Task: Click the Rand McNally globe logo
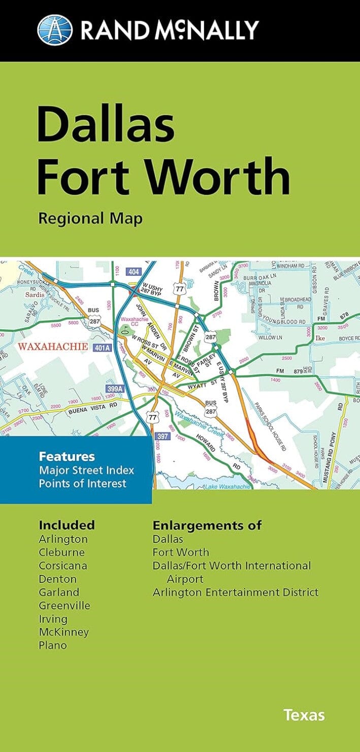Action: tap(55, 29)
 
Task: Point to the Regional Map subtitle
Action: tap(90, 218)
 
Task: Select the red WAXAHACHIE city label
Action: tap(54, 347)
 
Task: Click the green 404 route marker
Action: tap(134, 272)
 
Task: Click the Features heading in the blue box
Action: tap(67, 456)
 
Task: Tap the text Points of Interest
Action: tap(82, 483)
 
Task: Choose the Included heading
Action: tap(67, 525)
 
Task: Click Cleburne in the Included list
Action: tap(61, 552)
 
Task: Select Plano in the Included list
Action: tap(53, 645)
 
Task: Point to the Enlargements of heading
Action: tap(207, 525)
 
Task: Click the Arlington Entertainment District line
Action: tap(236, 592)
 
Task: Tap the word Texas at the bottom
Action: tap(304, 715)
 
